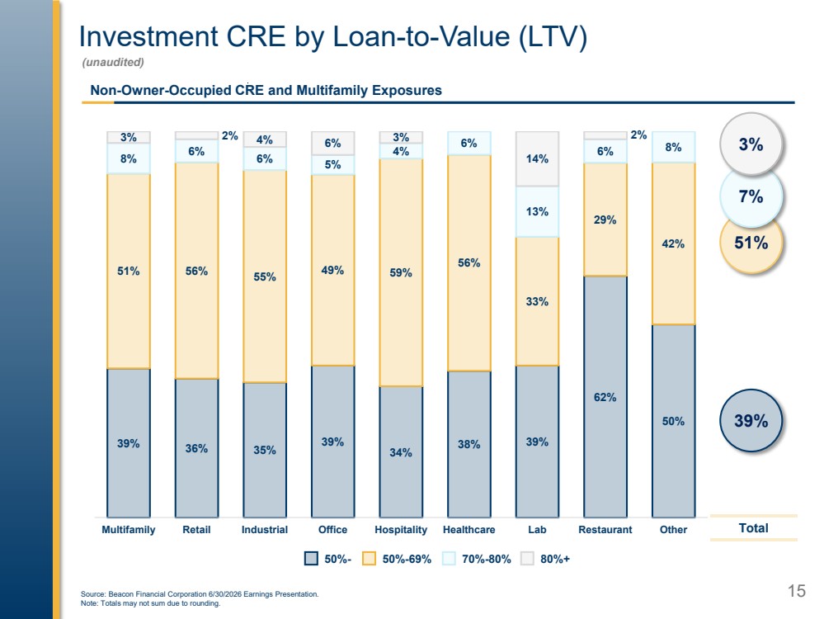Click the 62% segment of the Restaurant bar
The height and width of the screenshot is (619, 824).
[605, 396]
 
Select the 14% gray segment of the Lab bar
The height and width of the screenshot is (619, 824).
[537, 158]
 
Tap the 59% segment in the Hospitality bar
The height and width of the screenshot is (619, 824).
[401, 272]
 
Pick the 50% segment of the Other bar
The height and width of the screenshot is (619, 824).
[674, 421]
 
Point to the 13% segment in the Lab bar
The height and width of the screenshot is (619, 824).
[537, 211]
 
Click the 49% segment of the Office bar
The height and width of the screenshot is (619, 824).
[332, 270]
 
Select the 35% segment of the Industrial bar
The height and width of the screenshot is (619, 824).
[265, 450]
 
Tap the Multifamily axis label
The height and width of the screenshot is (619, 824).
[128, 530]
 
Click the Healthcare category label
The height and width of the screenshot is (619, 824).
[469, 530]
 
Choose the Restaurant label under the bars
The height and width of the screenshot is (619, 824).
[605, 530]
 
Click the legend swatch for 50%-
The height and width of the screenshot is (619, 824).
[311, 559]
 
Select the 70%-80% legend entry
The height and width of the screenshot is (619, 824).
[477, 559]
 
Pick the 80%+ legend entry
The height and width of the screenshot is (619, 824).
[545, 559]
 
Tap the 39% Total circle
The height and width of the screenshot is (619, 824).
[751, 420]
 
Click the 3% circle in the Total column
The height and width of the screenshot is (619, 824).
[751, 144]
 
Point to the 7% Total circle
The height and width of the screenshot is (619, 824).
[751, 196]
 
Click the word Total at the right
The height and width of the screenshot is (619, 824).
[754, 528]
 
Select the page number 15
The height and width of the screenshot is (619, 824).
[797, 591]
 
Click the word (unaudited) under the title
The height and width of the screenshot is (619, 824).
[113, 62]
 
